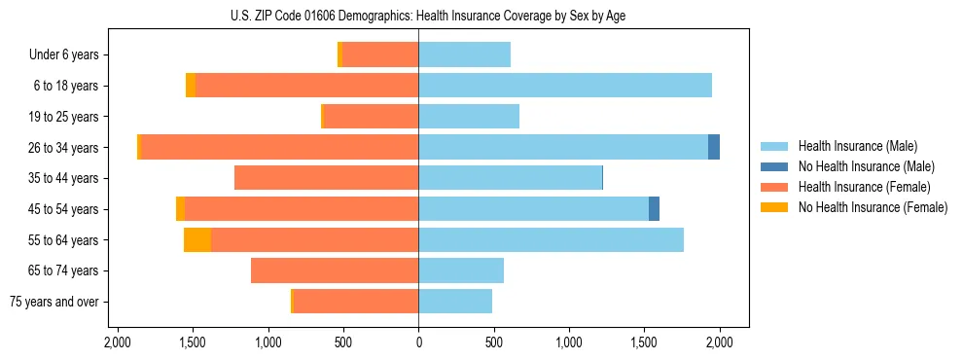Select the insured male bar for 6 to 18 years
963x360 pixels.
click(564, 86)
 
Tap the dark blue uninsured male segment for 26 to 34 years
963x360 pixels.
click(714, 147)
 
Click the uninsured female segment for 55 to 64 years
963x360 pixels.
click(197, 239)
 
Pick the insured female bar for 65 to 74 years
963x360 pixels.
click(335, 270)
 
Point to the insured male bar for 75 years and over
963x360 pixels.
click(455, 302)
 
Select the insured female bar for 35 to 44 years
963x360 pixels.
click(326, 178)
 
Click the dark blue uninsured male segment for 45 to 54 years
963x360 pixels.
click(654, 209)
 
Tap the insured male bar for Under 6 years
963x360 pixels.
click(464, 54)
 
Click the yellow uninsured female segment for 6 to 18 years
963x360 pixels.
click(191, 86)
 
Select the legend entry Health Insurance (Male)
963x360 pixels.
click(857, 146)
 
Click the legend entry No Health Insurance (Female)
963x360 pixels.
click(872, 207)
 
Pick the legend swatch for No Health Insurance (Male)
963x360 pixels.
click(775, 166)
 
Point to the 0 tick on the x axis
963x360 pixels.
click(418, 342)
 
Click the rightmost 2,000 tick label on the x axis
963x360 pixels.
click(719, 342)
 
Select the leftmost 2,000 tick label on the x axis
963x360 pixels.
click(117, 342)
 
